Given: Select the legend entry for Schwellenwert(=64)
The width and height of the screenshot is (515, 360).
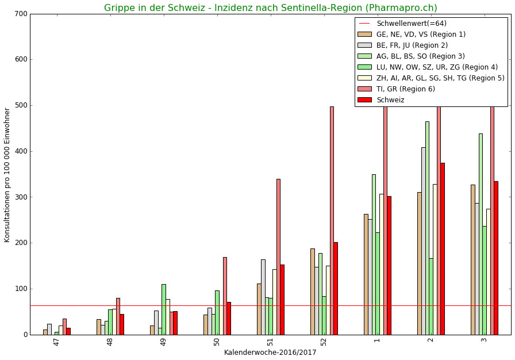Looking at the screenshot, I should [x=411, y=24].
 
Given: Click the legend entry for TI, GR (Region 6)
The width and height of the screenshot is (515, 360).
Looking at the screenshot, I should [x=405, y=89].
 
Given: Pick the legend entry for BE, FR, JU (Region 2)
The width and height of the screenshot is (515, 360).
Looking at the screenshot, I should [x=412, y=45].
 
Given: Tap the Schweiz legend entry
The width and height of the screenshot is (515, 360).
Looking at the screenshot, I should [x=390, y=100].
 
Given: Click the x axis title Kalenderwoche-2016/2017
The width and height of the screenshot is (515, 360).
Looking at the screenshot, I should [x=270, y=353].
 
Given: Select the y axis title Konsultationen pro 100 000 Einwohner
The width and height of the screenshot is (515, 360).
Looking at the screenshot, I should [x=7, y=174].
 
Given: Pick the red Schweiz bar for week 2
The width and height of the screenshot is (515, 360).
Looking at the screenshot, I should [x=443, y=248].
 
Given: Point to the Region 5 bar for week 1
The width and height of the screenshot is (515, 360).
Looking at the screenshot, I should [x=382, y=264].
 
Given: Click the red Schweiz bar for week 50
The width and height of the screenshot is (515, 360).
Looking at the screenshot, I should [x=229, y=318].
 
